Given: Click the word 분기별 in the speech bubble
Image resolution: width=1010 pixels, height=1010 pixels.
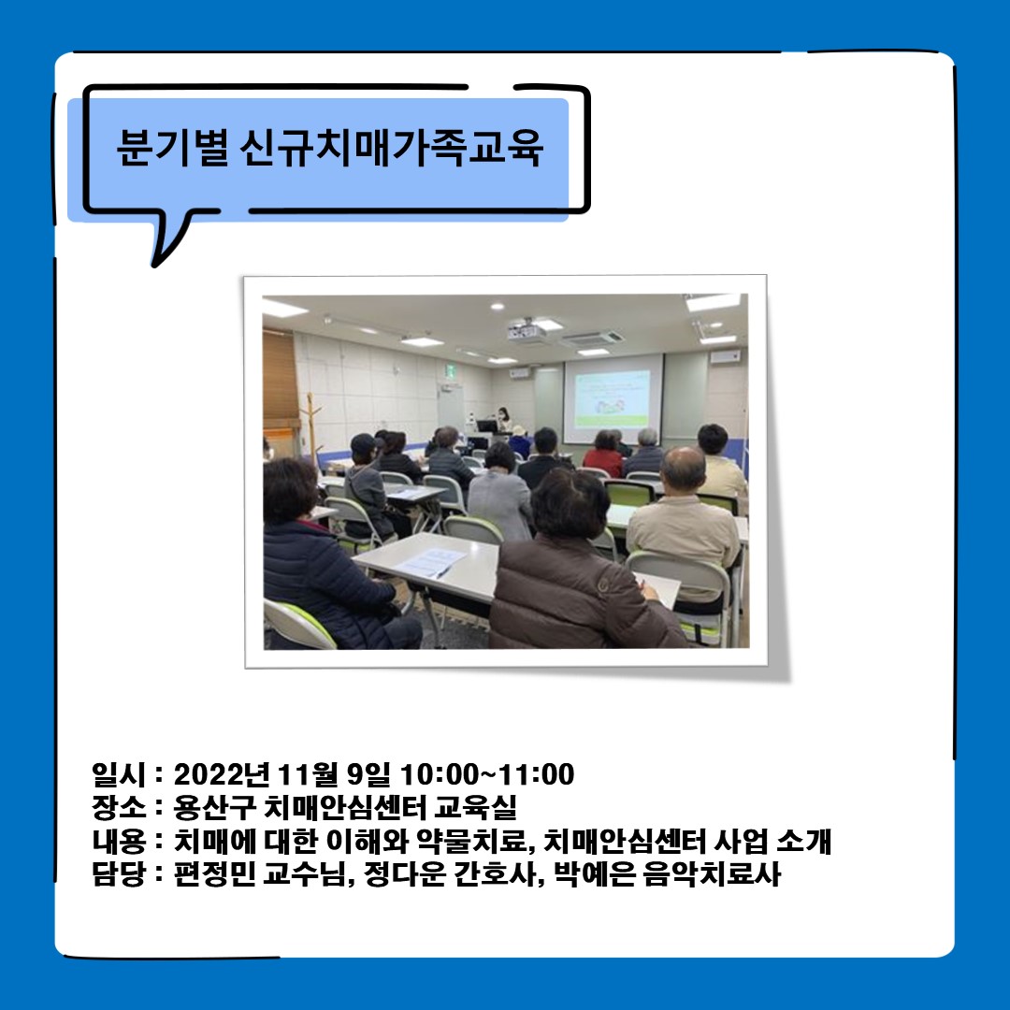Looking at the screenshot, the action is tap(172, 148).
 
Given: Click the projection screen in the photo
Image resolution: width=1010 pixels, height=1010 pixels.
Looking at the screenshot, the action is tap(613, 398).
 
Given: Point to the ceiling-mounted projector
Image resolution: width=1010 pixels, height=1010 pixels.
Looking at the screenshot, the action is tap(526, 330).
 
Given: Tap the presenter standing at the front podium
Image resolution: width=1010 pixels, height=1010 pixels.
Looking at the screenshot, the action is tap(503, 420).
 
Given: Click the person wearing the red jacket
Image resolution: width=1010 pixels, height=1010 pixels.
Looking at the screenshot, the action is tap(603, 454).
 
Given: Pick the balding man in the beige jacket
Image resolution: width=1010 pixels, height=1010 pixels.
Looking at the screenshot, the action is tap(684, 515).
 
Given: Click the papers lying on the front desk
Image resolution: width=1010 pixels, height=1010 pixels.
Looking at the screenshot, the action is tap(429, 563).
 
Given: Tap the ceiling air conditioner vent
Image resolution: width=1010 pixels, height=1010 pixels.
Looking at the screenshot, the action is tap(591, 339).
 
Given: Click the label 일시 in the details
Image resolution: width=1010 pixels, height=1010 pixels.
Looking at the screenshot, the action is tap(119, 774).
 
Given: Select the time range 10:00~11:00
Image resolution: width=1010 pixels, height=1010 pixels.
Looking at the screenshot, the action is tap(487, 774).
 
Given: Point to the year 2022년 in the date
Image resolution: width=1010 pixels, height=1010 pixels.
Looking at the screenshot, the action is tap(221, 774).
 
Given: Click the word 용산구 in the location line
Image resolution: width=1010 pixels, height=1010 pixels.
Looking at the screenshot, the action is tap(213, 807).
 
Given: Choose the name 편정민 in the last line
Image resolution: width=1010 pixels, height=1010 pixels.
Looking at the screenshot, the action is tap(214, 874).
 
